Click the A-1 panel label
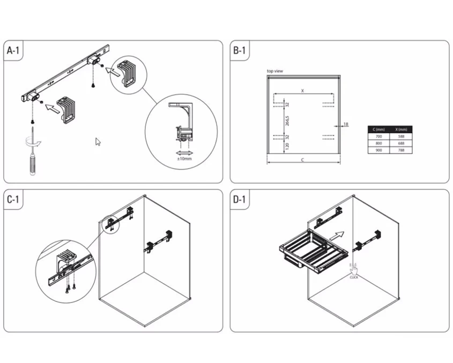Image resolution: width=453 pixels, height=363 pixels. pyautogui.click(x=14, y=51)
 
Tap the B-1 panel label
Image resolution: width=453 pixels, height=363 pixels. pyautogui.click(x=239, y=51)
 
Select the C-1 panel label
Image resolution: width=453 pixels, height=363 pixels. pyautogui.click(x=14, y=200)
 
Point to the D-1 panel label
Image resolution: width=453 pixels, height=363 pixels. pyautogui.click(x=239, y=200)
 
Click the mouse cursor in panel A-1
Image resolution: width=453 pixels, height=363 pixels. pyautogui.click(x=98, y=142)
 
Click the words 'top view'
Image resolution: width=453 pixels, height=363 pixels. pyautogui.click(x=275, y=71)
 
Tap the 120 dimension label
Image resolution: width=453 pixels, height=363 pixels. pyautogui.click(x=287, y=145)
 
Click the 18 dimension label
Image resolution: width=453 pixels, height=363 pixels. pyautogui.click(x=345, y=124)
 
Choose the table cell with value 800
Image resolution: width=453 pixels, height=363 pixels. pyautogui.click(x=380, y=143)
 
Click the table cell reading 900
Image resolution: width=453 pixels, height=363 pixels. pyautogui.click(x=380, y=150)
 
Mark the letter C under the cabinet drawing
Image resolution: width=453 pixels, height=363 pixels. pyautogui.click(x=303, y=160)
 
